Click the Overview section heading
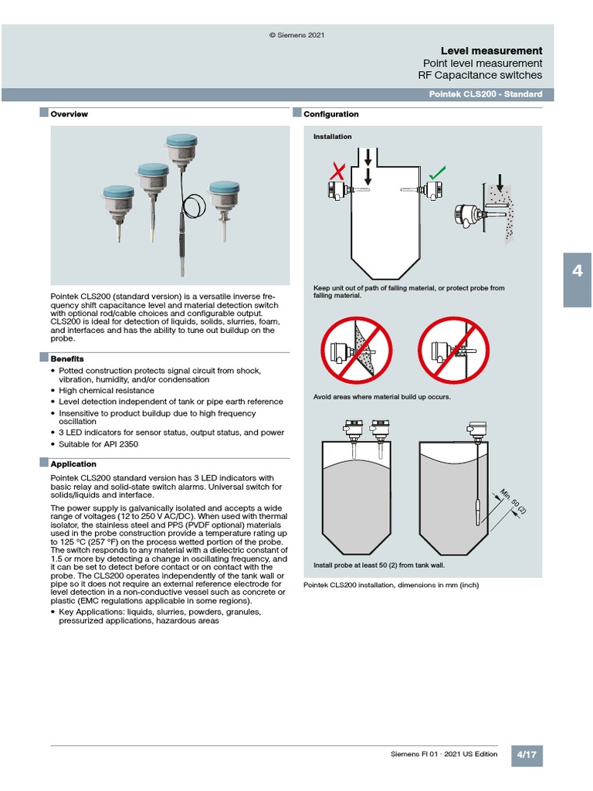[x=69, y=114]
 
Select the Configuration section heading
[x=330, y=114]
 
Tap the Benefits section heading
[x=66, y=359]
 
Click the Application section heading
[x=73, y=464]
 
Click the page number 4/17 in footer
[x=527, y=755]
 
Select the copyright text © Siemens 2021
[x=296, y=36]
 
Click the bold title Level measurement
[x=491, y=50]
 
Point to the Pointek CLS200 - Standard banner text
[x=485, y=94]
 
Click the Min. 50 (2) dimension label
[x=511, y=501]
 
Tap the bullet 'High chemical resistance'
[x=107, y=391]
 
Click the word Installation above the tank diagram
[x=332, y=137]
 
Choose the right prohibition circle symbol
[x=453, y=352]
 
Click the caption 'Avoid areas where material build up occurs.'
[x=381, y=397]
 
